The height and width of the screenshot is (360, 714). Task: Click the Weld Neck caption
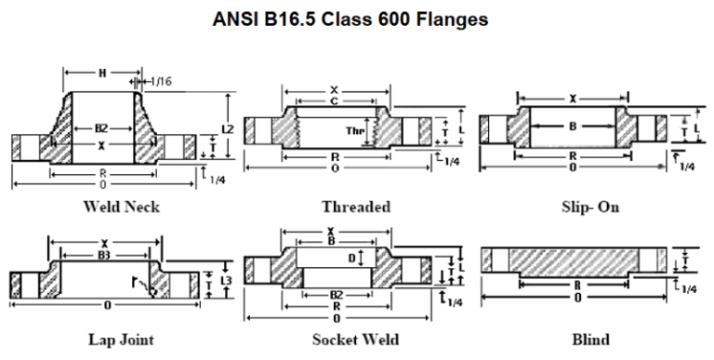(120, 207)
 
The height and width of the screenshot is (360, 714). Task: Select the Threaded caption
(356, 207)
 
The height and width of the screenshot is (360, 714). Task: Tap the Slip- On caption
(589, 207)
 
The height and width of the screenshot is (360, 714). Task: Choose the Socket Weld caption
(356, 340)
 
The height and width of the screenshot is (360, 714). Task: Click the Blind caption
(590, 340)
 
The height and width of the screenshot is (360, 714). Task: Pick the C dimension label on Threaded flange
(332, 101)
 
